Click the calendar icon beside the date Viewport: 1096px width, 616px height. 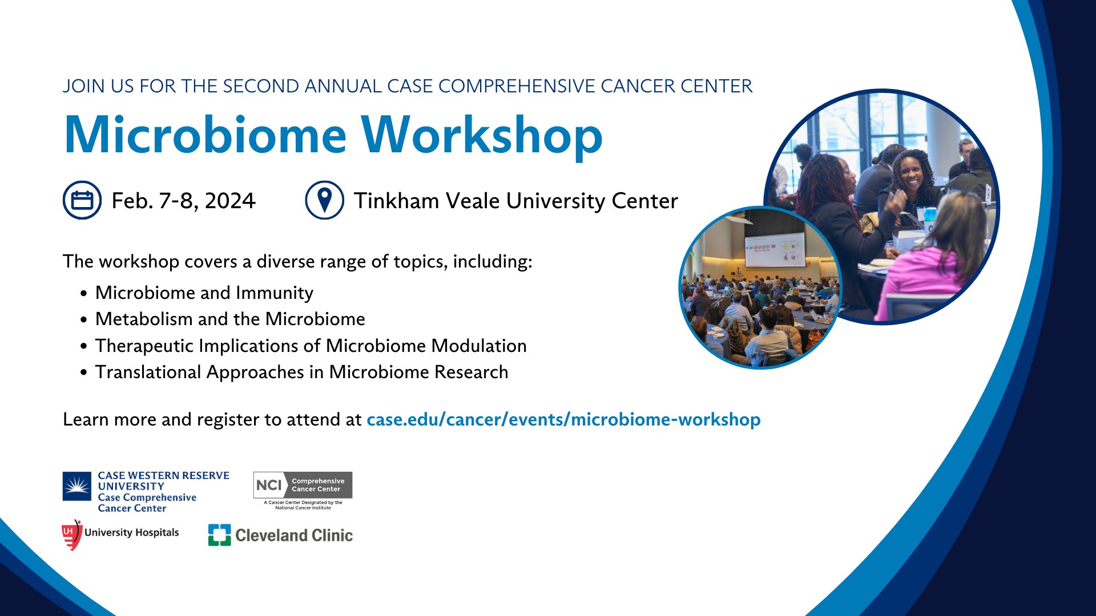pyautogui.click(x=82, y=200)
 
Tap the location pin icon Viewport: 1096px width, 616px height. pyautogui.click(x=324, y=200)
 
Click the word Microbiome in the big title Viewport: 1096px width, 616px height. pyautogui.click(x=205, y=136)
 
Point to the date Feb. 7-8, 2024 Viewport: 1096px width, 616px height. pyautogui.click(x=183, y=201)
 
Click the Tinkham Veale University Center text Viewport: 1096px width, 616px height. pyautogui.click(x=515, y=201)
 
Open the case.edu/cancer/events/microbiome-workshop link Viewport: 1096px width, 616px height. pyautogui.click(x=563, y=419)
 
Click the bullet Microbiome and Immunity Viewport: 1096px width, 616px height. pyautogui.click(x=204, y=293)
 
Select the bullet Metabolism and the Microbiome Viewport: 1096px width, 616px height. pyautogui.click(x=229, y=319)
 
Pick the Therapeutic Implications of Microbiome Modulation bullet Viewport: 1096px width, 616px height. pyautogui.click(x=311, y=346)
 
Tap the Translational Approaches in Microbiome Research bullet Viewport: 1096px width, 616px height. pyautogui.click(x=301, y=372)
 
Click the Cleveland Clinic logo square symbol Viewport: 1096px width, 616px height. pyautogui.click(x=219, y=535)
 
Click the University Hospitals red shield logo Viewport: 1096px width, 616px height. pyautogui.click(x=71, y=534)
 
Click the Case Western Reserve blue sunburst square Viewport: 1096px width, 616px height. pyautogui.click(x=76, y=486)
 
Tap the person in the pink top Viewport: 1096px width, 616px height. pyautogui.click(x=925, y=274)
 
